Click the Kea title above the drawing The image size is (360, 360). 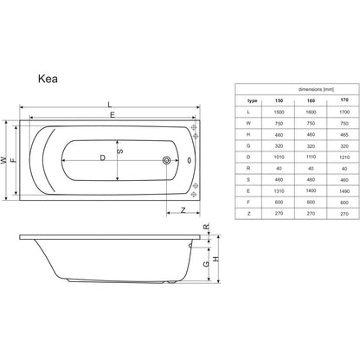48,79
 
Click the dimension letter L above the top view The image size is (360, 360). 110,105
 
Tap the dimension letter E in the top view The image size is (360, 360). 112,115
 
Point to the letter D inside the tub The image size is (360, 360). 102,157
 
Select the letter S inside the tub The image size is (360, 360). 121,151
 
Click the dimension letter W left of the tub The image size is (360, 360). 3,160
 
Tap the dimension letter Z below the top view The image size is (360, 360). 183,210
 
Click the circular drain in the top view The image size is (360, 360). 166,160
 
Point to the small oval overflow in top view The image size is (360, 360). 189,160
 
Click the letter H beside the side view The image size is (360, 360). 215,259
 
